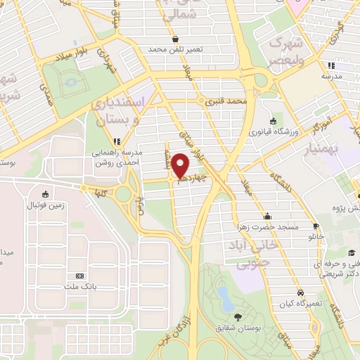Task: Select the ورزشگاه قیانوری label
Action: click(272, 132)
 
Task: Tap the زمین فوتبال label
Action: click(46, 205)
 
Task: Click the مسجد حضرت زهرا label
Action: click(267, 227)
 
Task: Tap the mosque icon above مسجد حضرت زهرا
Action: click(267, 216)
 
